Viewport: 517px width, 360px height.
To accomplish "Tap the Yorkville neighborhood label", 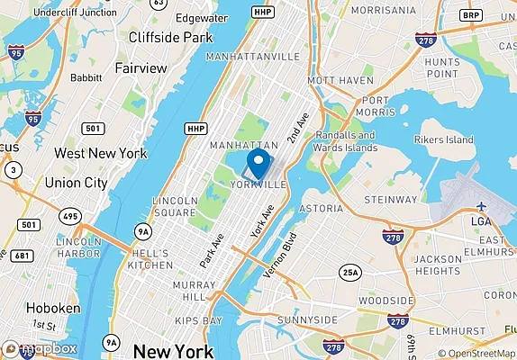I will (258, 184).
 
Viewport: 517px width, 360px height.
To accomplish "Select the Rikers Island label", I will (443, 140).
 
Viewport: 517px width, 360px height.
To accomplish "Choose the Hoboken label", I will (53, 307).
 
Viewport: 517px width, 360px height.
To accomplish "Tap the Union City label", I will (76, 183).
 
